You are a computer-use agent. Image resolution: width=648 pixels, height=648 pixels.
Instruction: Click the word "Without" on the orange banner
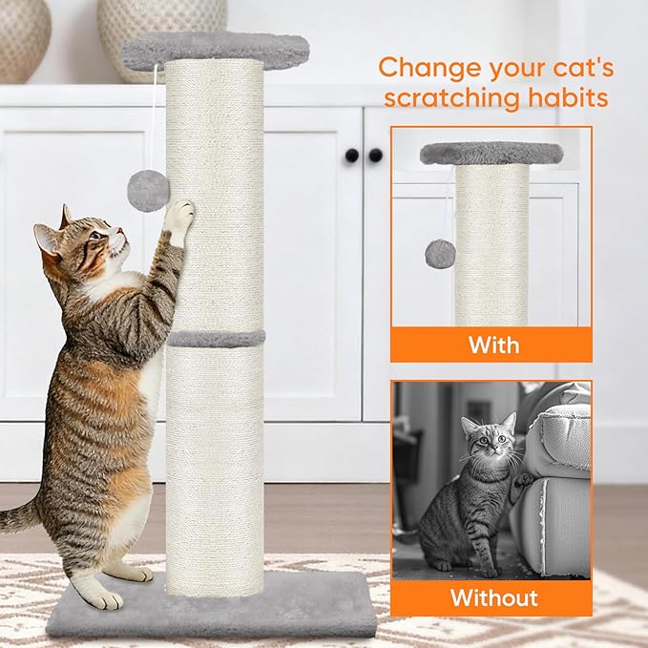pyautogui.click(x=493, y=598)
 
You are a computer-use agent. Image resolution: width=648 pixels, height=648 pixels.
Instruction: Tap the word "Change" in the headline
pyautogui.click(x=427, y=68)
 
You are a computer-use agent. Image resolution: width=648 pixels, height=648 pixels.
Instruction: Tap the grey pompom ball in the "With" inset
pyautogui.click(x=438, y=253)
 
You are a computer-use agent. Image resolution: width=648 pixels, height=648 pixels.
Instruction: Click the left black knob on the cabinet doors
pyautogui.click(x=352, y=155)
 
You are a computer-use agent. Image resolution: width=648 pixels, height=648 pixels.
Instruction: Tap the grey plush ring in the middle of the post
pyautogui.click(x=217, y=338)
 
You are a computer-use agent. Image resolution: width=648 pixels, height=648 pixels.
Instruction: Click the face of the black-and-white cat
pyautogui.click(x=486, y=444)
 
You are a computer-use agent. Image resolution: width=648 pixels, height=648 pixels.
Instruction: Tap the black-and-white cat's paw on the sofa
pyautogui.click(x=523, y=478)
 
